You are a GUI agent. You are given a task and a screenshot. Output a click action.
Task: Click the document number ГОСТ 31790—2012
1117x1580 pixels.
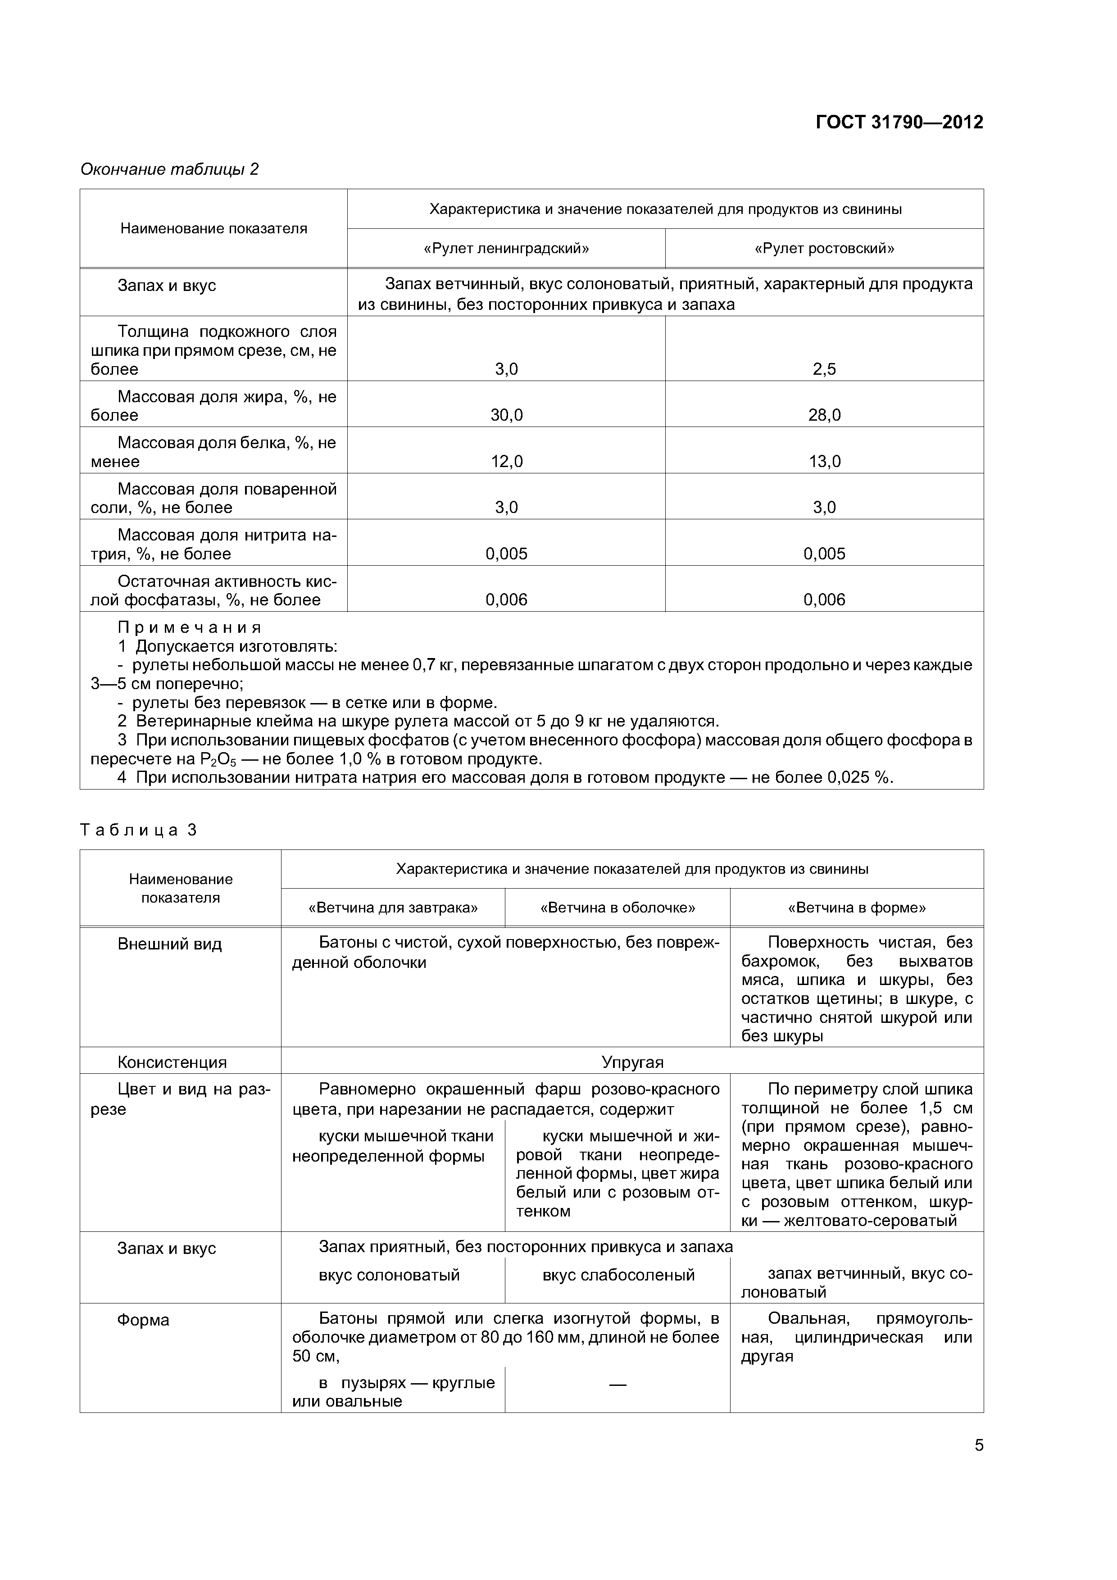pos(899,123)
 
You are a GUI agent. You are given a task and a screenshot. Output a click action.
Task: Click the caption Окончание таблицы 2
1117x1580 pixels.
pos(169,169)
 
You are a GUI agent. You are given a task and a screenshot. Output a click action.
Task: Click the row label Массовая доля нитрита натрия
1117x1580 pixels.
pos(213,545)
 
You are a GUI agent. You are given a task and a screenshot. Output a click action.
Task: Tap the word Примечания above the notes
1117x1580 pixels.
pos(189,627)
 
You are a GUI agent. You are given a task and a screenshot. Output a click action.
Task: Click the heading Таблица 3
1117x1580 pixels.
pos(138,830)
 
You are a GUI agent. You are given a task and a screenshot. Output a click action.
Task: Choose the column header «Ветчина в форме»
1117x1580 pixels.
pos(856,908)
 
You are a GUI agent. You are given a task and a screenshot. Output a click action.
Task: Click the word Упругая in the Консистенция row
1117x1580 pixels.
pos(632,1062)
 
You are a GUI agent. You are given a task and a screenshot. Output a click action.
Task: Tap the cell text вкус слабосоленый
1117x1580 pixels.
pos(618,1275)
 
